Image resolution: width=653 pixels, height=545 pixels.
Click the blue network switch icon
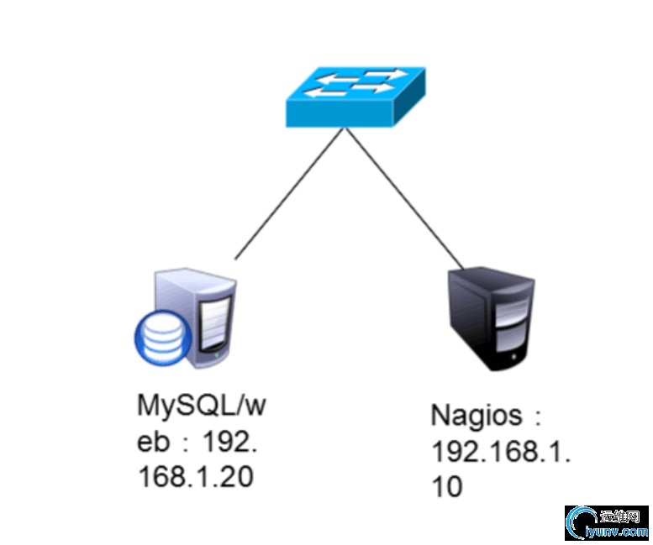click(x=355, y=96)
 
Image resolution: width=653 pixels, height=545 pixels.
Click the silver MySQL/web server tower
click(x=201, y=319)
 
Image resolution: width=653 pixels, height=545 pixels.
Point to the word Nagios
click(x=472, y=416)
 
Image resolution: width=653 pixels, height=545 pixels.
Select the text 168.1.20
click(x=195, y=477)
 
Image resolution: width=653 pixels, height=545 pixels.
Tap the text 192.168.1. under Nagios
click(x=501, y=452)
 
